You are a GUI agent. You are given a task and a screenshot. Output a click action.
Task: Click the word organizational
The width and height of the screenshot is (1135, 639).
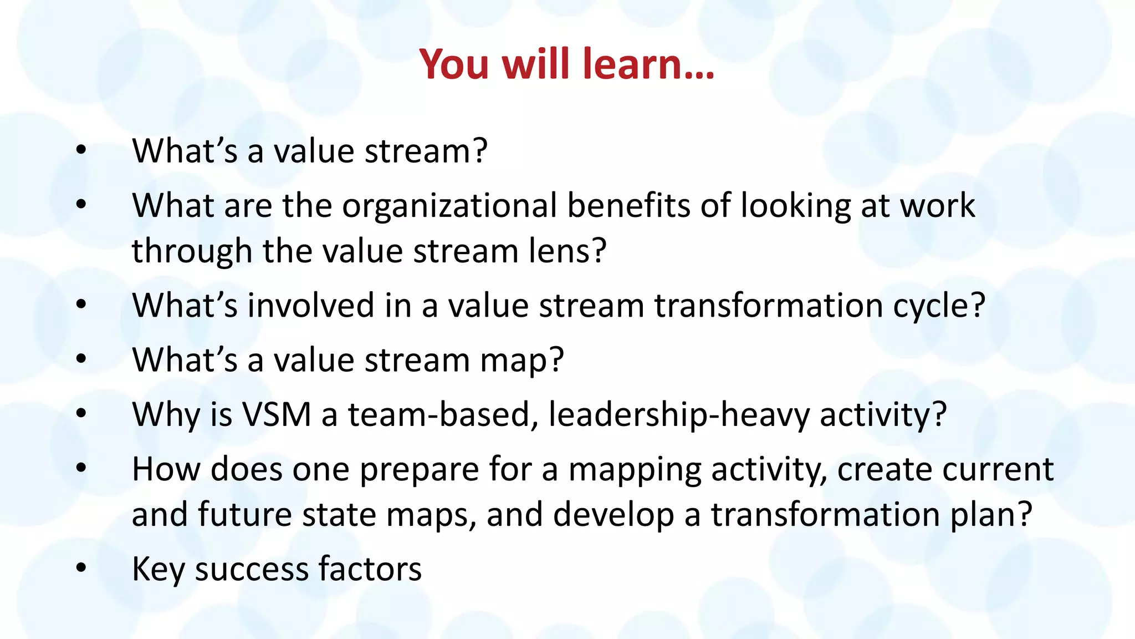449,206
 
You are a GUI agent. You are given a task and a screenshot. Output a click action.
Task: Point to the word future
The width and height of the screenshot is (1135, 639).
244,514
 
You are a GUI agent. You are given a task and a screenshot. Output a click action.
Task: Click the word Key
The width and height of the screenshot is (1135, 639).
158,570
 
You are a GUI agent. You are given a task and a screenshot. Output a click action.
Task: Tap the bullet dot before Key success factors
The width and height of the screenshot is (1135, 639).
81,568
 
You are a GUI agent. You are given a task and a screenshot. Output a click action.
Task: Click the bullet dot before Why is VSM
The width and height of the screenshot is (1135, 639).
81,414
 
